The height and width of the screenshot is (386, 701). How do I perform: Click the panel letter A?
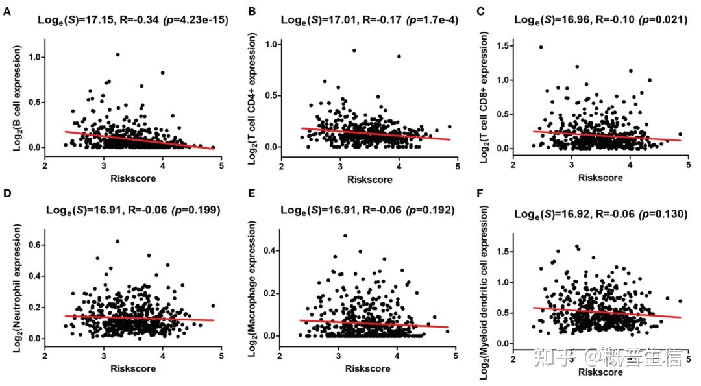click(x=6, y=10)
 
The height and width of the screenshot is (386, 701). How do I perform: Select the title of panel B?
click(x=369, y=20)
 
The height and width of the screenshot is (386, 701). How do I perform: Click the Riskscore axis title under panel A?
click(x=133, y=178)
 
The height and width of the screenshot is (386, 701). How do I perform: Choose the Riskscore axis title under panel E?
click(x=367, y=368)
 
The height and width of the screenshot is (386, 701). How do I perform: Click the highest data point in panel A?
click(x=117, y=54)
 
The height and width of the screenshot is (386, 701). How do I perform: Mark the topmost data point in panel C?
click(x=540, y=47)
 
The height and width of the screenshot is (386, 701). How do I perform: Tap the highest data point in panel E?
click(x=345, y=235)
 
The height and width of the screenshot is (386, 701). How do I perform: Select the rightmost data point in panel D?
click(x=213, y=305)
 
